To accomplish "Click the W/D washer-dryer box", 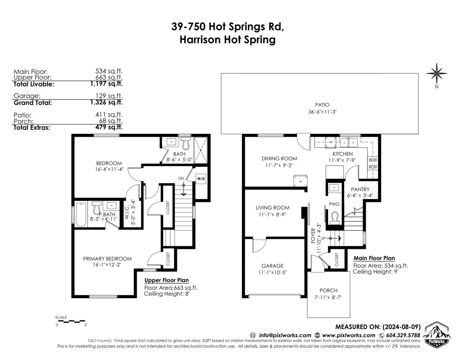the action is click(201, 179).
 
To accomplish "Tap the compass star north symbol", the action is click(436, 73).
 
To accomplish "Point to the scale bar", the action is click(71, 322).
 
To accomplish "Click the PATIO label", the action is click(322, 105).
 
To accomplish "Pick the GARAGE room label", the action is click(272, 266).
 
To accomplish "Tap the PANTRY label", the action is click(360, 190).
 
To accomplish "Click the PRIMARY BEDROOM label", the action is click(107, 259).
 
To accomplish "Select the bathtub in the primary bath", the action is click(81, 214).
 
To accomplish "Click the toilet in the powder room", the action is click(334, 218).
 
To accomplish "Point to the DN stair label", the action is click(181, 178).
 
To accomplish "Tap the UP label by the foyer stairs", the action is click(323, 238).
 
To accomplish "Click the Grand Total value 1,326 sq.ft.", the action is click(106, 102).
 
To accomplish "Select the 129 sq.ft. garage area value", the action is click(109, 96).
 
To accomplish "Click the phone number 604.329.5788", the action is click(403, 335).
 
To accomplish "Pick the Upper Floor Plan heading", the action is click(167, 280).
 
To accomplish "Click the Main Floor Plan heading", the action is click(374, 258).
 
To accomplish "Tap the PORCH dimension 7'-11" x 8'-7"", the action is click(328, 297).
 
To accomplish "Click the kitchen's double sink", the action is click(349, 143).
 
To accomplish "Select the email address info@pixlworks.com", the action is click(285, 335).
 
